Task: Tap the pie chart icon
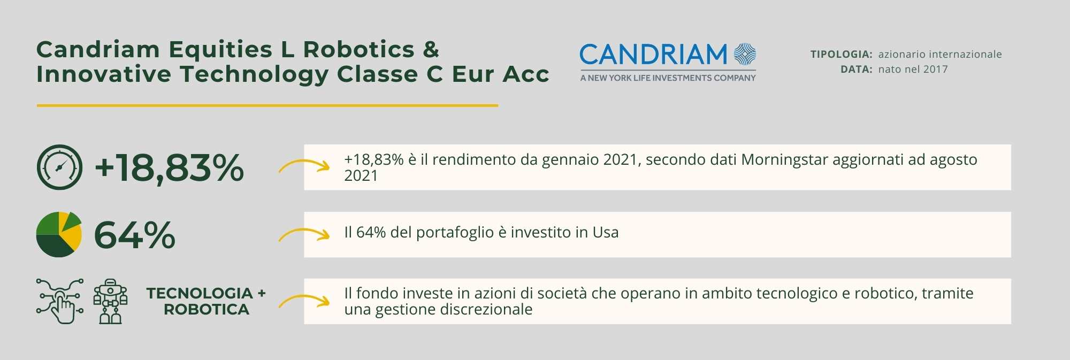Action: click(59, 234)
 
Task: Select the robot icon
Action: click(111, 301)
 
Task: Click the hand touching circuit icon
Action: click(60, 301)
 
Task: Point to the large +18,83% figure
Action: click(169, 167)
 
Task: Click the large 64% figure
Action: click(135, 235)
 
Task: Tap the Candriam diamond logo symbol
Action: click(745, 55)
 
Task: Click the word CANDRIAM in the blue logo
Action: click(653, 55)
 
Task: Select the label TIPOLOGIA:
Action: click(842, 54)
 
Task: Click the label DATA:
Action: click(857, 69)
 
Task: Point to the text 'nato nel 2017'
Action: click(913, 69)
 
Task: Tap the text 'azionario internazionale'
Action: click(940, 54)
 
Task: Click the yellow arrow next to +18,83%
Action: click(304, 162)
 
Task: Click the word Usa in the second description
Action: click(606, 232)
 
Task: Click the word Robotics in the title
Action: click(359, 50)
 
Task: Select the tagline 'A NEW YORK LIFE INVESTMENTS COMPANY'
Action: click(668, 78)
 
